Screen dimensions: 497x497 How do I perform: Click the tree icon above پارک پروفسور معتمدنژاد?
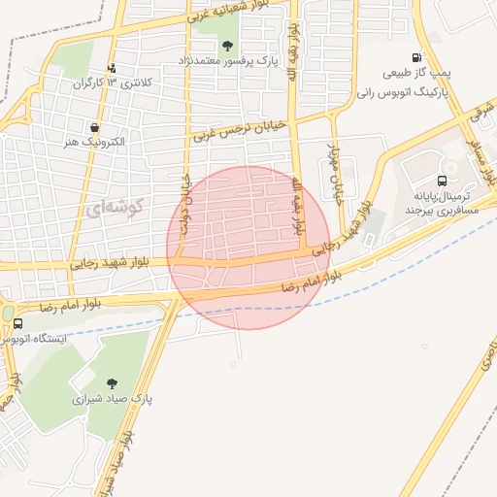click(x=227, y=46)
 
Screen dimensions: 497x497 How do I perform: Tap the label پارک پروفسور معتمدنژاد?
click(x=227, y=61)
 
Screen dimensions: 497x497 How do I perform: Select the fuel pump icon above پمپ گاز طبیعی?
click(x=416, y=58)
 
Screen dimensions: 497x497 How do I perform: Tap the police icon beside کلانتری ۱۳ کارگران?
click(x=113, y=68)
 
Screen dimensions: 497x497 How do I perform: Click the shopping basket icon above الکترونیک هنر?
click(x=94, y=127)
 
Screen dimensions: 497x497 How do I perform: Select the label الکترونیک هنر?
click(x=93, y=142)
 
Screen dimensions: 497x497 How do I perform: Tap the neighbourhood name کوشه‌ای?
click(x=114, y=206)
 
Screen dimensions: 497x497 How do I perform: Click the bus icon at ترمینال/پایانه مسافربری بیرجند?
click(x=443, y=180)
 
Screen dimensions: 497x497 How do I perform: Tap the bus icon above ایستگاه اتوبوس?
click(x=17, y=324)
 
